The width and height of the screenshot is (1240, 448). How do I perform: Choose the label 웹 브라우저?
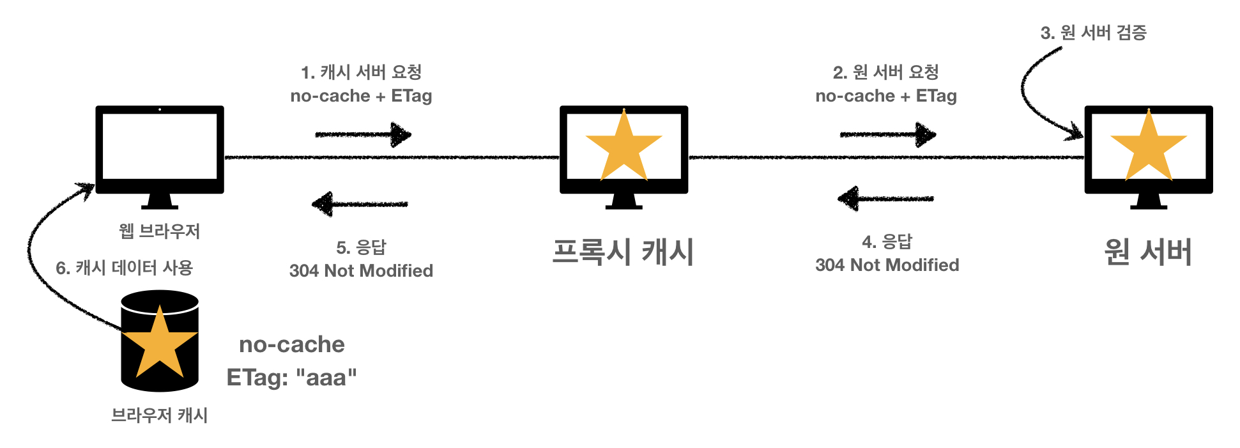160,231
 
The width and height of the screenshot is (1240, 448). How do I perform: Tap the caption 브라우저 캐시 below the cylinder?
160,415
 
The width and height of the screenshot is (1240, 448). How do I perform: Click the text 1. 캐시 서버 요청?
362,72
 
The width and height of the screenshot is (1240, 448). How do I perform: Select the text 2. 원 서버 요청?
886,72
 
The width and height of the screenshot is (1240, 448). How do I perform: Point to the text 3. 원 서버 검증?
1094,33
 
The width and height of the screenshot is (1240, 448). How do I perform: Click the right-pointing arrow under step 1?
363,134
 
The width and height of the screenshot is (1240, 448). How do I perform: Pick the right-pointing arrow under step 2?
887,134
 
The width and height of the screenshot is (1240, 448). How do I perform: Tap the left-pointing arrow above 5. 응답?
360,204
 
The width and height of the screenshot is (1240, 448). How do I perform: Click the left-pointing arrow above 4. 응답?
885,198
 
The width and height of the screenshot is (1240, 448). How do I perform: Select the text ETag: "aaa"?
292,377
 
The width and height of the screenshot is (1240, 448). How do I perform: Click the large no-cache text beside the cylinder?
292,344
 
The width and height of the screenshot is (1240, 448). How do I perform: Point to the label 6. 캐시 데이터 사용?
125,268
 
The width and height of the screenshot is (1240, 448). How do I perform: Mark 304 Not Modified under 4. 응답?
887,265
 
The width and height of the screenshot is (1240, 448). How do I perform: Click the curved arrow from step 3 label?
1032,96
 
